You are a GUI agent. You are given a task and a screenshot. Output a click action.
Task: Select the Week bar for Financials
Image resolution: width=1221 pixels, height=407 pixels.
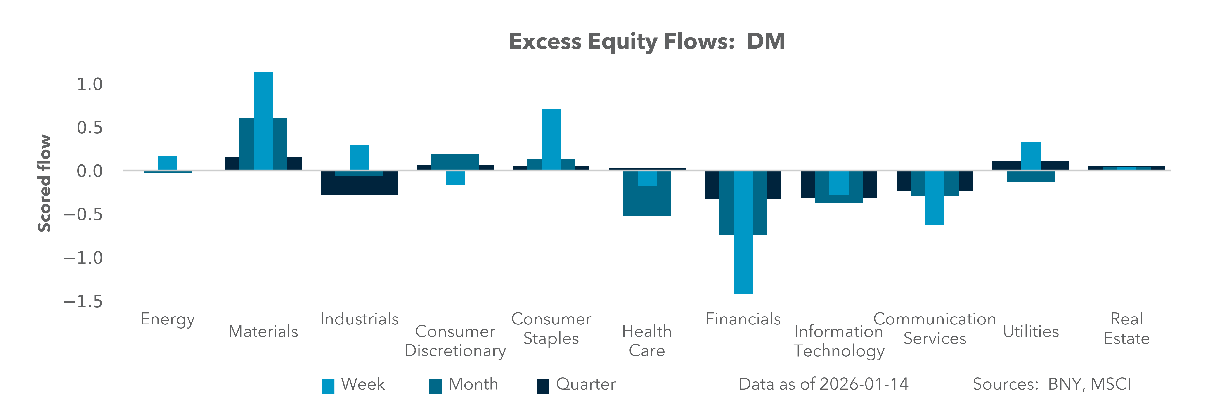(x=743, y=232)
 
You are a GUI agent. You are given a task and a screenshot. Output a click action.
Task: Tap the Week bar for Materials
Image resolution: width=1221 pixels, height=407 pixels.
(x=263, y=121)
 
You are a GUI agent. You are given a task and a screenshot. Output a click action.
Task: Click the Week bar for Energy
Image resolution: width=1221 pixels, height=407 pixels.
(x=167, y=163)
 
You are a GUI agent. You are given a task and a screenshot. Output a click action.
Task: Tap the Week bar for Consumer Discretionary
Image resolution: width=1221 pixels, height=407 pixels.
(x=455, y=178)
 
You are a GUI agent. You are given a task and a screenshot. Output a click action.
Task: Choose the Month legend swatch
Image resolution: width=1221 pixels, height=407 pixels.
(x=435, y=386)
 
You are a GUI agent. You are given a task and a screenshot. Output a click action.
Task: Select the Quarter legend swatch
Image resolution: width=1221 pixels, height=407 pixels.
(x=543, y=386)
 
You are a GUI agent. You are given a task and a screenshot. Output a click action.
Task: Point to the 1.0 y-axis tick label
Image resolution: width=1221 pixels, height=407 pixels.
(x=90, y=84)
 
